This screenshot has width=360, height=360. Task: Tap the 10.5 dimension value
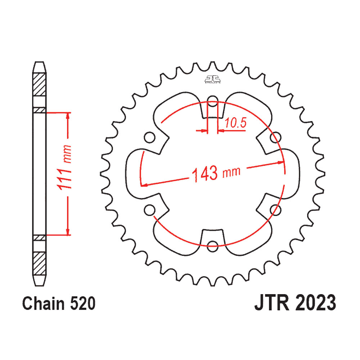click(235, 123)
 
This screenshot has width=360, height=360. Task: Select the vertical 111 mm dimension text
click(64, 167)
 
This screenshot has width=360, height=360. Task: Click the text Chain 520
click(59, 303)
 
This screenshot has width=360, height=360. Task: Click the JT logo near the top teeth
click(213, 79)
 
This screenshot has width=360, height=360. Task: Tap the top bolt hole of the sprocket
click(213, 101)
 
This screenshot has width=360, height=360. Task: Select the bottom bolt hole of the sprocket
click(213, 247)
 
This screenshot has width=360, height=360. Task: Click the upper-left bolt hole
click(150, 137)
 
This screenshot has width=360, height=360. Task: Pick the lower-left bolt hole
click(150, 210)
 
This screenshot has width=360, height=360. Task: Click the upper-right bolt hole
click(275, 137)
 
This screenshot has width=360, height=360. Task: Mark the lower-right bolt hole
click(275, 210)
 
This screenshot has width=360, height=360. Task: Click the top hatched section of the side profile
click(40, 85)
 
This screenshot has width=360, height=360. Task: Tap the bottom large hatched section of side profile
click(40, 264)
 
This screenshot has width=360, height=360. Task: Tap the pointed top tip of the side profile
click(39, 62)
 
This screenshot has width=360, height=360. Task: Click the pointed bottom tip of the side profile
click(39, 286)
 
